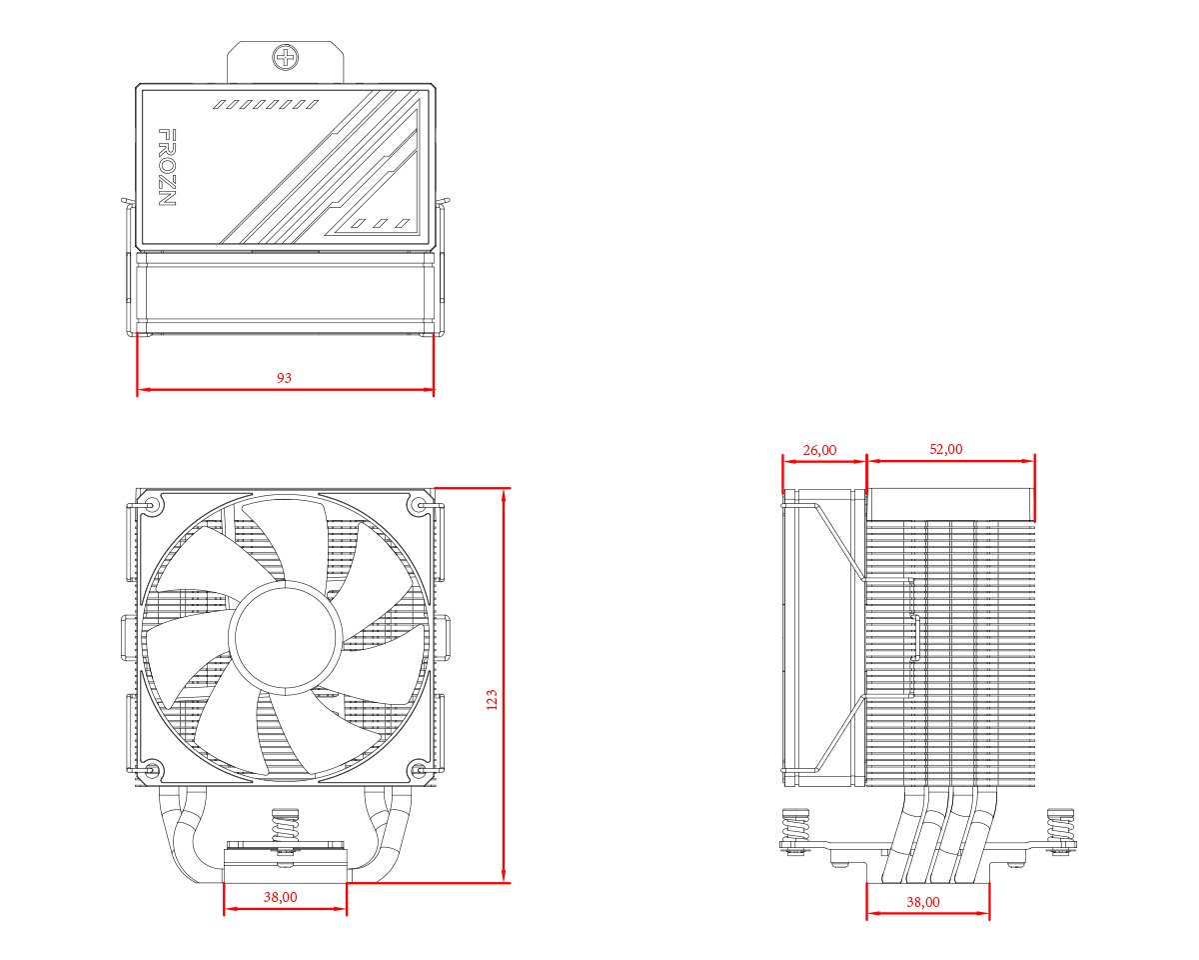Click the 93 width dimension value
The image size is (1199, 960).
pyautogui.click(x=285, y=378)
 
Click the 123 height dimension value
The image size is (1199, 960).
pyautogui.click(x=491, y=700)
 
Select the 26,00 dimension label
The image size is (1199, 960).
pyautogui.click(x=819, y=450)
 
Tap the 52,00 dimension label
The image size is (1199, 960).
pyautogui.click(x=946, y=449)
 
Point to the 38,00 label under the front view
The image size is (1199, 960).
pyautogui.click(x=280, y=897)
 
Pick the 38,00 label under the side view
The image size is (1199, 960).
pyautogui.click(x=923, y=902)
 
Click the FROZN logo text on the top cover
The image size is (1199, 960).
pyautogui.click(x=168, y=167)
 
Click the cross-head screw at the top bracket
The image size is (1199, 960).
pyautogui.click(x=286, y=57)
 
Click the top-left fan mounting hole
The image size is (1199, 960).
pyautogui.click(x=151, y=506)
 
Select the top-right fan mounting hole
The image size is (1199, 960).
pyautogui.click(x=419, y=506)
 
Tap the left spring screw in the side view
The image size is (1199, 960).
pyautogui.click(x=795, y=828)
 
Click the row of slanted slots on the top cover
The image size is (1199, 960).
pyautogui.click(x=266, y=104)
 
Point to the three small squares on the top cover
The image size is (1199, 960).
pyautogui.click(x=385, y=223)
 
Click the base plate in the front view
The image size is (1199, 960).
pyautogui.click(x=285, y=866)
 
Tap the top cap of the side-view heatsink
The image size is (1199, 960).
pyautogui.click(x=949, y=502)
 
